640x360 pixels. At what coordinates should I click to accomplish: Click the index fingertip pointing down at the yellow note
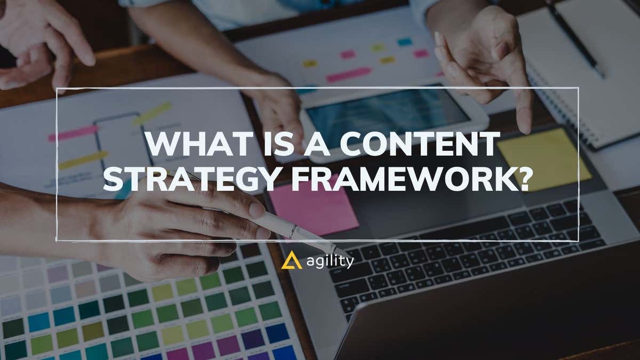coord(525,128)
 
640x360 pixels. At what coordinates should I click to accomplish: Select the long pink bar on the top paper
coord(349,74)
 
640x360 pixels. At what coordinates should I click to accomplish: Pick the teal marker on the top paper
coord(405,42)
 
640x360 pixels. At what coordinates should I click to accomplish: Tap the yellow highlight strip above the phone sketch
coord(152,113)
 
